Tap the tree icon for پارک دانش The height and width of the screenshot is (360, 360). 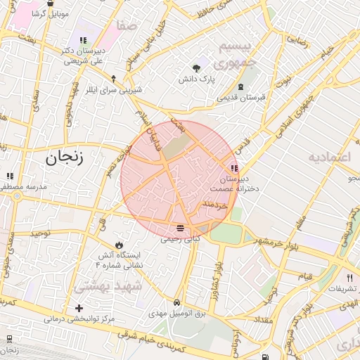coord(196,68)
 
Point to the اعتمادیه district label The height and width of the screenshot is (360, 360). coord(328,156)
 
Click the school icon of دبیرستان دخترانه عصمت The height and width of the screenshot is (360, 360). coord(233,169)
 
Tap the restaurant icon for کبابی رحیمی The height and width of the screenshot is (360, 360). coord(181,228)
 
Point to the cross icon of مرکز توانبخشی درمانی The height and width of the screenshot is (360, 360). coord(79,308)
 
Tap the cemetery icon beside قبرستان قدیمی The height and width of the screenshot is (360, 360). coord(241,87)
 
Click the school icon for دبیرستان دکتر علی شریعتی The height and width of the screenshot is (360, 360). coord(83,41)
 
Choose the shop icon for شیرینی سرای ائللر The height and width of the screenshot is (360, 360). coord(113,79)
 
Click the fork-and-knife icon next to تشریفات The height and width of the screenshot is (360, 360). coord(349,278)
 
